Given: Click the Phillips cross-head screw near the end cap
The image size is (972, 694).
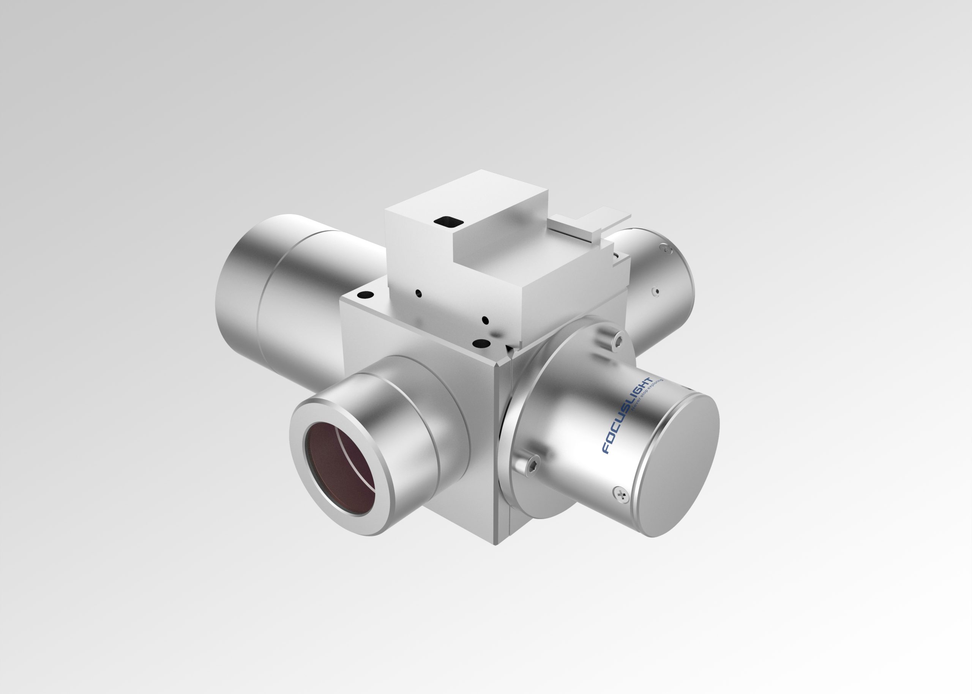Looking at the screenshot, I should pyautogui.click(x=621, y=494).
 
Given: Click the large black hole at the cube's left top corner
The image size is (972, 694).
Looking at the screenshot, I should pyautogui.click(x=366, y=294).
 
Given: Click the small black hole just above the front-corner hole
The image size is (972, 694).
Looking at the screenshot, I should pyautogui.click(x=484, y=319).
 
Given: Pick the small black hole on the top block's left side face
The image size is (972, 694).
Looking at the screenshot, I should pyautogui.click(x=418, y=293).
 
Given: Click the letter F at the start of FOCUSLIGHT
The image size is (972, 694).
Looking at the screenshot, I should pyautogui.click(x=606, y=449).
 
